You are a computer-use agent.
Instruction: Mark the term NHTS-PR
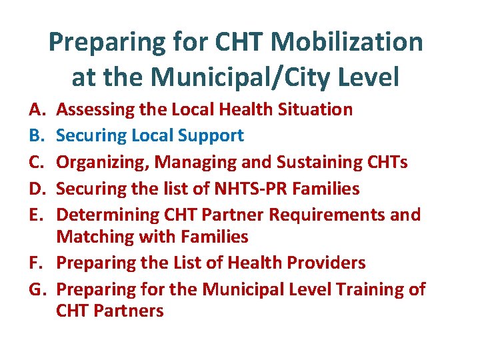(246, 189)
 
